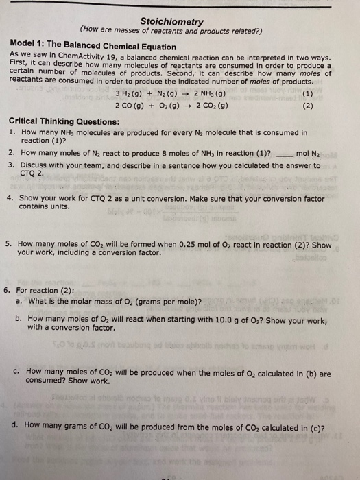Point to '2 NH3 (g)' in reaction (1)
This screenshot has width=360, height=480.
click(205, 94)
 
